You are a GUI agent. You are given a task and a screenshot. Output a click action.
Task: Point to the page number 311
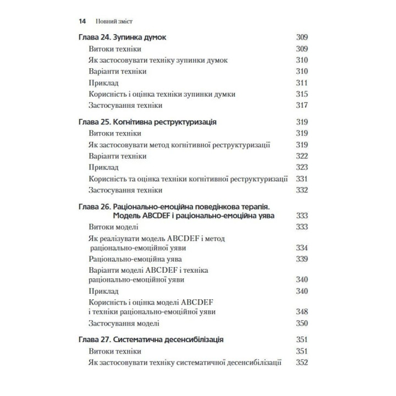pos(301,83)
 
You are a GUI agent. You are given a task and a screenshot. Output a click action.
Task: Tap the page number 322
pos(301,156)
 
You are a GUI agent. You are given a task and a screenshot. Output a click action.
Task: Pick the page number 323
pos(301,167)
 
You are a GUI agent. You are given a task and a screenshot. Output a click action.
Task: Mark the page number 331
pos(301,179)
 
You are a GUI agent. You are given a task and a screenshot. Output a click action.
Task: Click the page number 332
pos(301,190)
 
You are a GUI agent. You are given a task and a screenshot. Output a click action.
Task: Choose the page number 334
pos(301,248)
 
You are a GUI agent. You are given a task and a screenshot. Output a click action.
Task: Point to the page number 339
pos(301,258)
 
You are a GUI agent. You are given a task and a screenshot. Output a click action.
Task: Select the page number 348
pos(301,312)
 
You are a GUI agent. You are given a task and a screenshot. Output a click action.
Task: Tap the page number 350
pos(301,323)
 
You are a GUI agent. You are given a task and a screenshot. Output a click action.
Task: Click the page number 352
pos(301,362)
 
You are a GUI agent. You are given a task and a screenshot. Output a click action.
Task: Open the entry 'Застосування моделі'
pos(123,323)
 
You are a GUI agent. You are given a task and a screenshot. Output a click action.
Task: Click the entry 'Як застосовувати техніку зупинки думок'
pos(157,61)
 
